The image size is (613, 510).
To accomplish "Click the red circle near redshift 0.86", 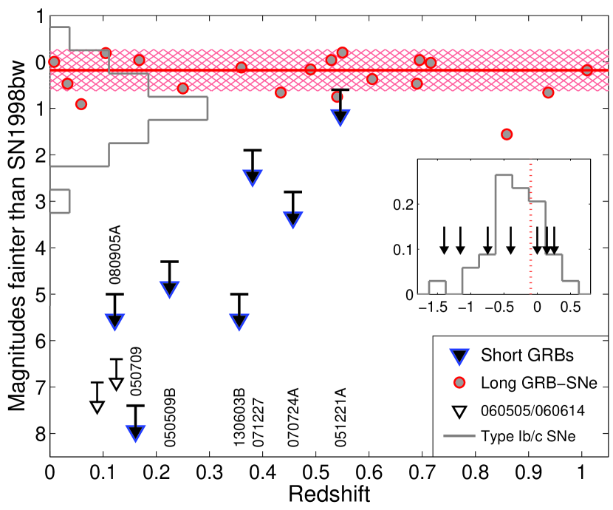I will [x=507, y=134].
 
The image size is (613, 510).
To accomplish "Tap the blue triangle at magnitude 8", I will [x=134, y=432].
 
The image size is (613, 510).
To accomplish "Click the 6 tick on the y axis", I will [x=37, y=340].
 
